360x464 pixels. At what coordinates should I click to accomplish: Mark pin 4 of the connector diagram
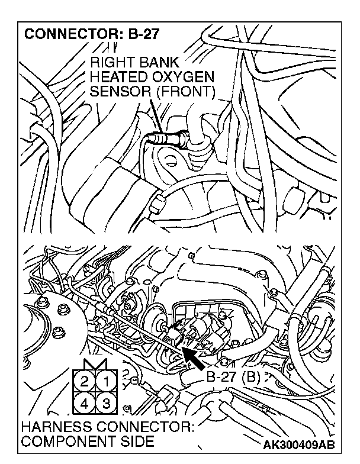[x=86, y=404]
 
